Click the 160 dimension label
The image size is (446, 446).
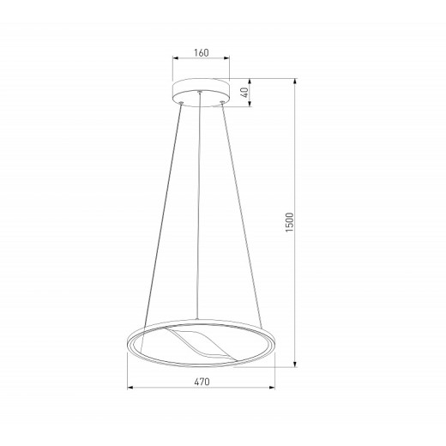click(x=202, y=53)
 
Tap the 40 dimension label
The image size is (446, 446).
click(x=245, y=93)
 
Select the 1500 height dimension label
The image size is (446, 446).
click(x=290, y=222)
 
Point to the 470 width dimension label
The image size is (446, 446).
click(x=202, y=382)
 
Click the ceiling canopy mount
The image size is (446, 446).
click(x=201, y=93)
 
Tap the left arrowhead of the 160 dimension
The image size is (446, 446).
click(x=176, y=58)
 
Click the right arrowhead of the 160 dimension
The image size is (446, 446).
click(x=226, y=58)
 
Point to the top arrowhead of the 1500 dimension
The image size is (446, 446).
click(x=295, y=81)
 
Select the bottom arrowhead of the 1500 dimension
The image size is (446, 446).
click(x=295, y=364)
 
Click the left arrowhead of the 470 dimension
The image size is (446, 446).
click(x=130, y=388)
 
